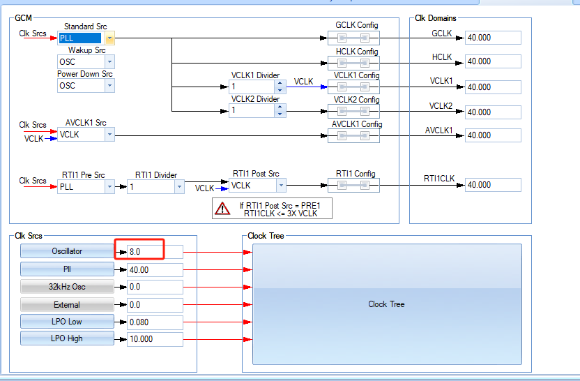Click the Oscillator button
[67, 251]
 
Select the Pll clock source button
[67, 269]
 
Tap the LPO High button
[67, 338]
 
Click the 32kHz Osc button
[67, 287]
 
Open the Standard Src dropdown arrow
[110, 38]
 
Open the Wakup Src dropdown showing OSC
[86, 62]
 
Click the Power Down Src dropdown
[86, 86]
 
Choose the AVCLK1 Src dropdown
[86, 135]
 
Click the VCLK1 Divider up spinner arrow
[280, 83]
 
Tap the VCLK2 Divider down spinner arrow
[280, 114]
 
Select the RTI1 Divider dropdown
[155, 186]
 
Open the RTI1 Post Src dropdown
[257, 185]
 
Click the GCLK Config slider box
[353, 38]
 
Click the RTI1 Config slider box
[353, 185]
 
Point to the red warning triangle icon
[222, 209]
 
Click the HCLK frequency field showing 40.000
[493, 61]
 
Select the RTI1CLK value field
[493, 185]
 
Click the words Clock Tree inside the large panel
[386, 304]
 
